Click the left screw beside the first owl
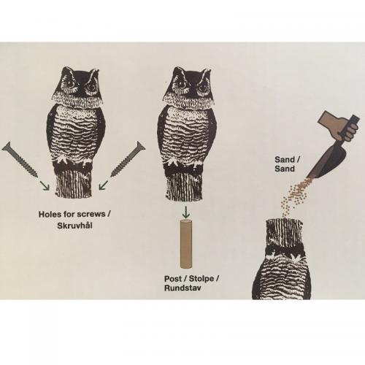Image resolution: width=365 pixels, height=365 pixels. coord(20,160)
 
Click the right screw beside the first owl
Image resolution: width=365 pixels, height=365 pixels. coord(128,159)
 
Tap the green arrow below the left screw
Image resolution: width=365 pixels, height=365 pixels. coord(45,185)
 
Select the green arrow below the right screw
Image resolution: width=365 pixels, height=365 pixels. coord(104,185)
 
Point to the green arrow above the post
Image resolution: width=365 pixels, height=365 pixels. coord(186,212)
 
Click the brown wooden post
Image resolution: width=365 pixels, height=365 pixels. coord(186,244)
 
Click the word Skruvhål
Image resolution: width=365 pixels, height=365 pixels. coord(74,226)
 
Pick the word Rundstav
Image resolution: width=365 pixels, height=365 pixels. coord(182,288)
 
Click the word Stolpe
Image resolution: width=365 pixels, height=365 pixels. coord(201,279)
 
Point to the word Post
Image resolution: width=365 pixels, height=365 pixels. coord(173,279)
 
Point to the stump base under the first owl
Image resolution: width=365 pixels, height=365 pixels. coord(74,183)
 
